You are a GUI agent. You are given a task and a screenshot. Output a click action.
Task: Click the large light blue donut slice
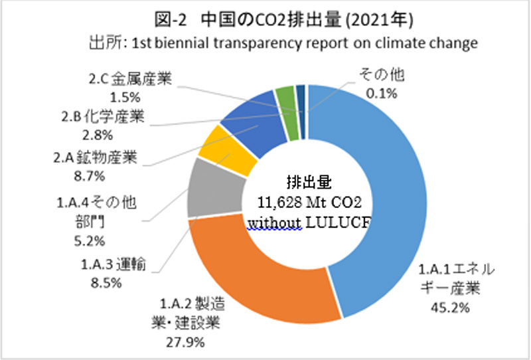(x=385, y=199)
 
